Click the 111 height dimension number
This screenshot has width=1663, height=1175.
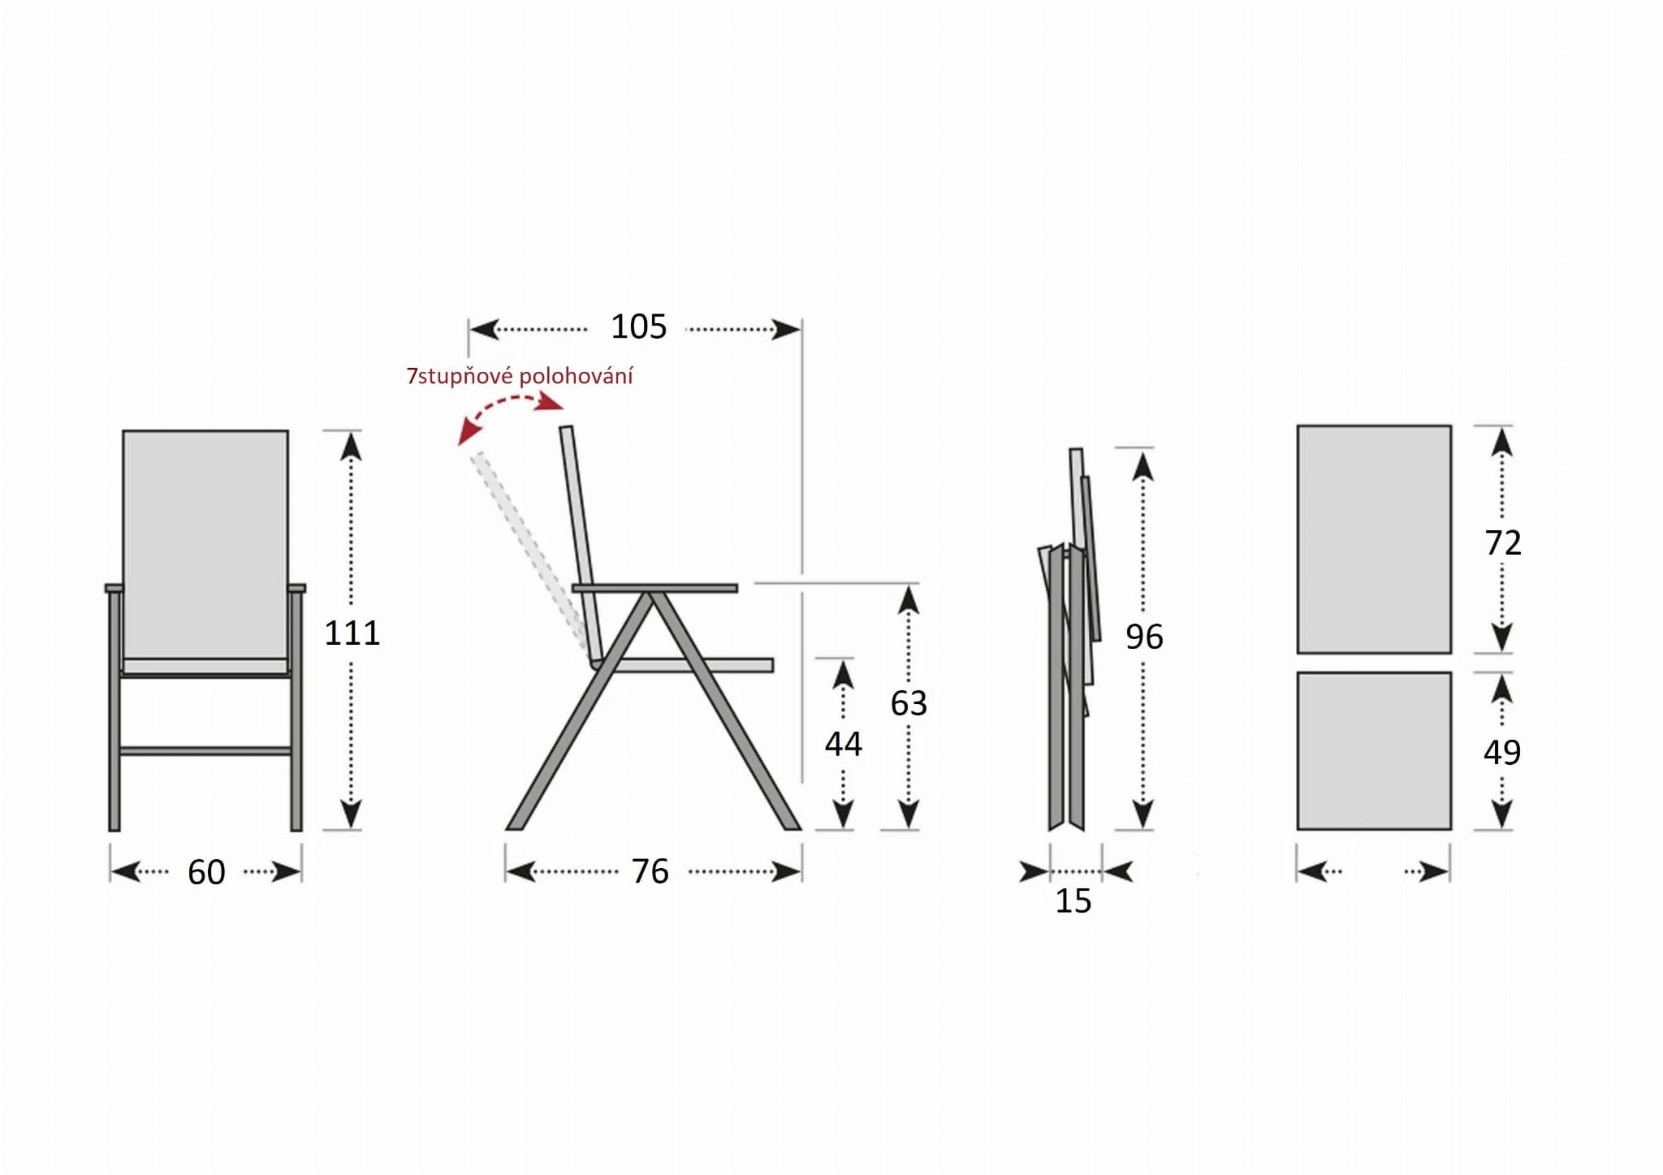352,633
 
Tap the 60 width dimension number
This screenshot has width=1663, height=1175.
206,872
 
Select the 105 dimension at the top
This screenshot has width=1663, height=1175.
638,326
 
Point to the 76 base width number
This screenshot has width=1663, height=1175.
650,871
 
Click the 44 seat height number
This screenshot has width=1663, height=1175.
843,744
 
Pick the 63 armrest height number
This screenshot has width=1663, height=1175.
909,703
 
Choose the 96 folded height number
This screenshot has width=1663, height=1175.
1144,637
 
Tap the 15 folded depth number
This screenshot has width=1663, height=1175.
1073,901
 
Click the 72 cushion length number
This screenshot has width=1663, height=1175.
1502,542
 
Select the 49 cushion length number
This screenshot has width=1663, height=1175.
1502,752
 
